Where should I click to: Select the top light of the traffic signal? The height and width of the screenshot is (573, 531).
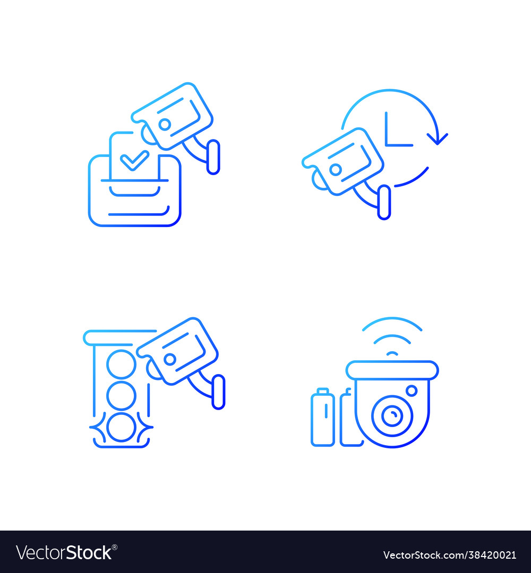click(122, 363)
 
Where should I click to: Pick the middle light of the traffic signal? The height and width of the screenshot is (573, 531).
click(122, 395)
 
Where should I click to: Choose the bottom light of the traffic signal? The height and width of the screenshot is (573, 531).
click(122, 427)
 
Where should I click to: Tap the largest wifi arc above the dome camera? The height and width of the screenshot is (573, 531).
click(392, 323)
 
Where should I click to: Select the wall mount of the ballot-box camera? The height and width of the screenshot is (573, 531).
click(213, 157)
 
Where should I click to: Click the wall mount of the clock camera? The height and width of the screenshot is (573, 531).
click(384, 202)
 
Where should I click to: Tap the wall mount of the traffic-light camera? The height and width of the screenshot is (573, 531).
click(218, 392)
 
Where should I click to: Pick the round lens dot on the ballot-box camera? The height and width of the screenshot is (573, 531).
click(165, 124)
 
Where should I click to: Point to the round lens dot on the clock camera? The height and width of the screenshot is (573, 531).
click(336, 170)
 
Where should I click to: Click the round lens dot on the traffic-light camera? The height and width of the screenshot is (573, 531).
click(170, 359)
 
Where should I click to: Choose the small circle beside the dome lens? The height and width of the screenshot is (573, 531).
click(412, 391)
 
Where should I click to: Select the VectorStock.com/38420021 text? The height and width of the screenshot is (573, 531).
click(449, 555)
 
